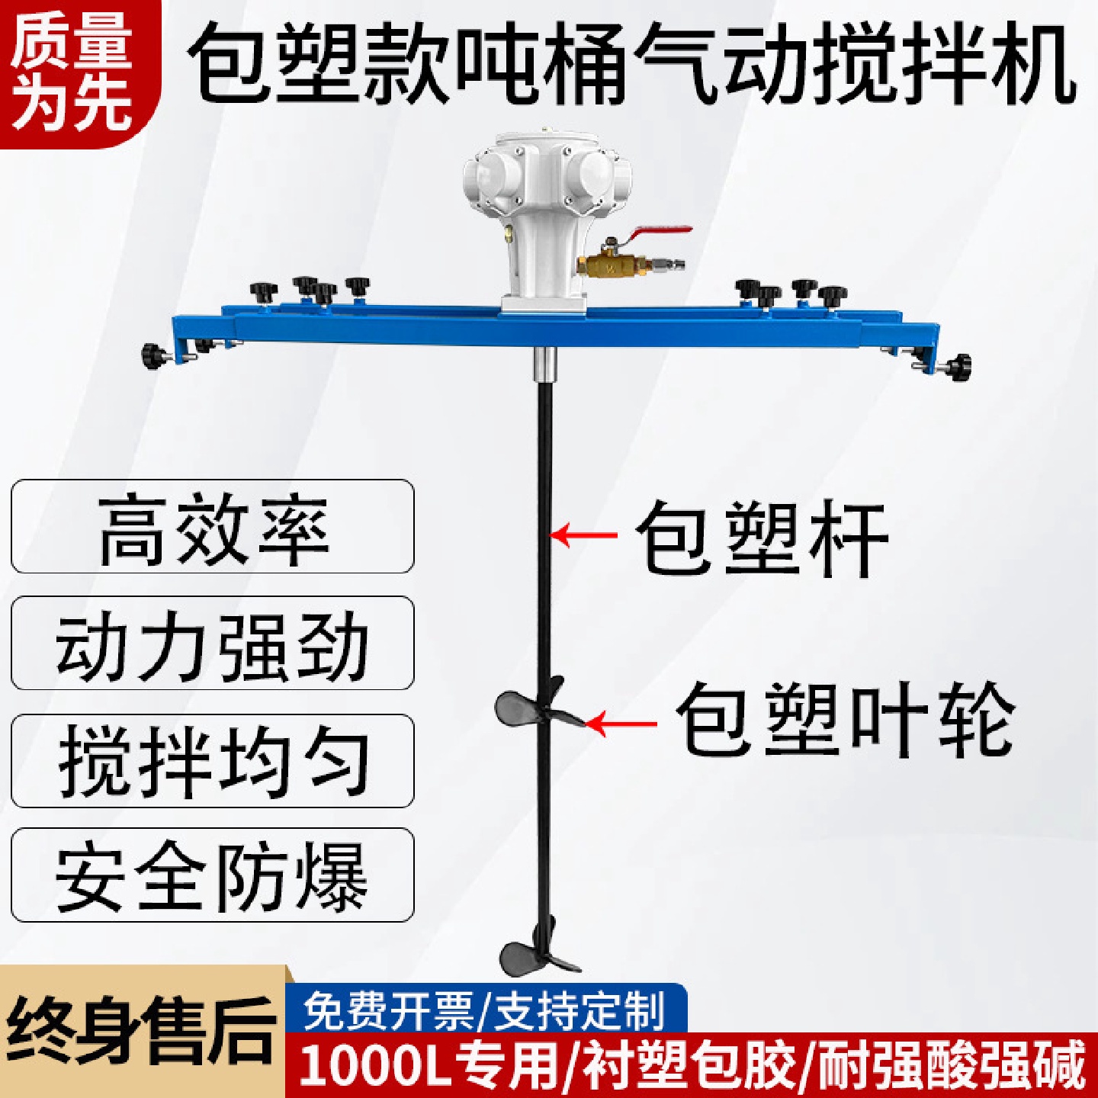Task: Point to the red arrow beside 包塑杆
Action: (x=583, y=535)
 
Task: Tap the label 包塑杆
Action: (x=762, y=539)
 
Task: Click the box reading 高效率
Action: (x=213, y=527)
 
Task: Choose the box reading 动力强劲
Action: (x=213, y=644)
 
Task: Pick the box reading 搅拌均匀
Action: (x=213, y=761)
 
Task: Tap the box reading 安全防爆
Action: (x=213, y=875)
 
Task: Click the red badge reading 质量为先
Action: (x=72, y=72)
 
